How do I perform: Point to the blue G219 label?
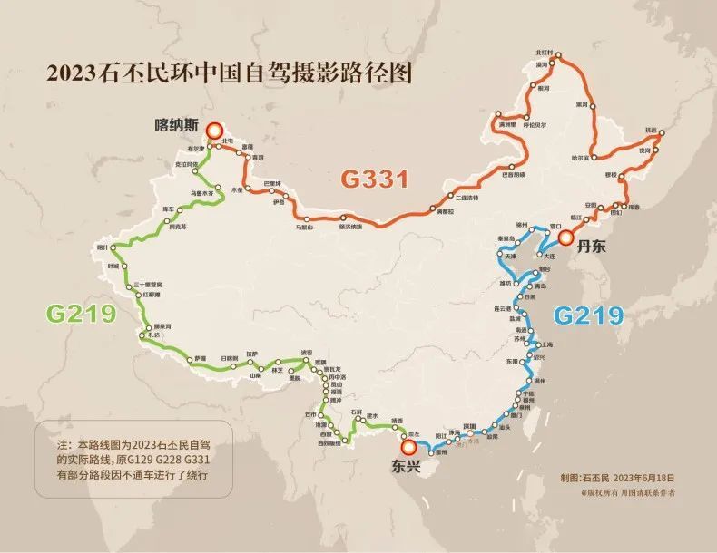(x=589, y=315)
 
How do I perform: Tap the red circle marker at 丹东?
(x=566, y=238)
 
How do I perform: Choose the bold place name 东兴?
(x=406, y=468)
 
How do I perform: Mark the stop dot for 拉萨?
(x=256, y=360)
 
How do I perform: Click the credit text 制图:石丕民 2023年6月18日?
(x=616, y=476)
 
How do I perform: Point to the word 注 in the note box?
(x=62, y=445)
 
